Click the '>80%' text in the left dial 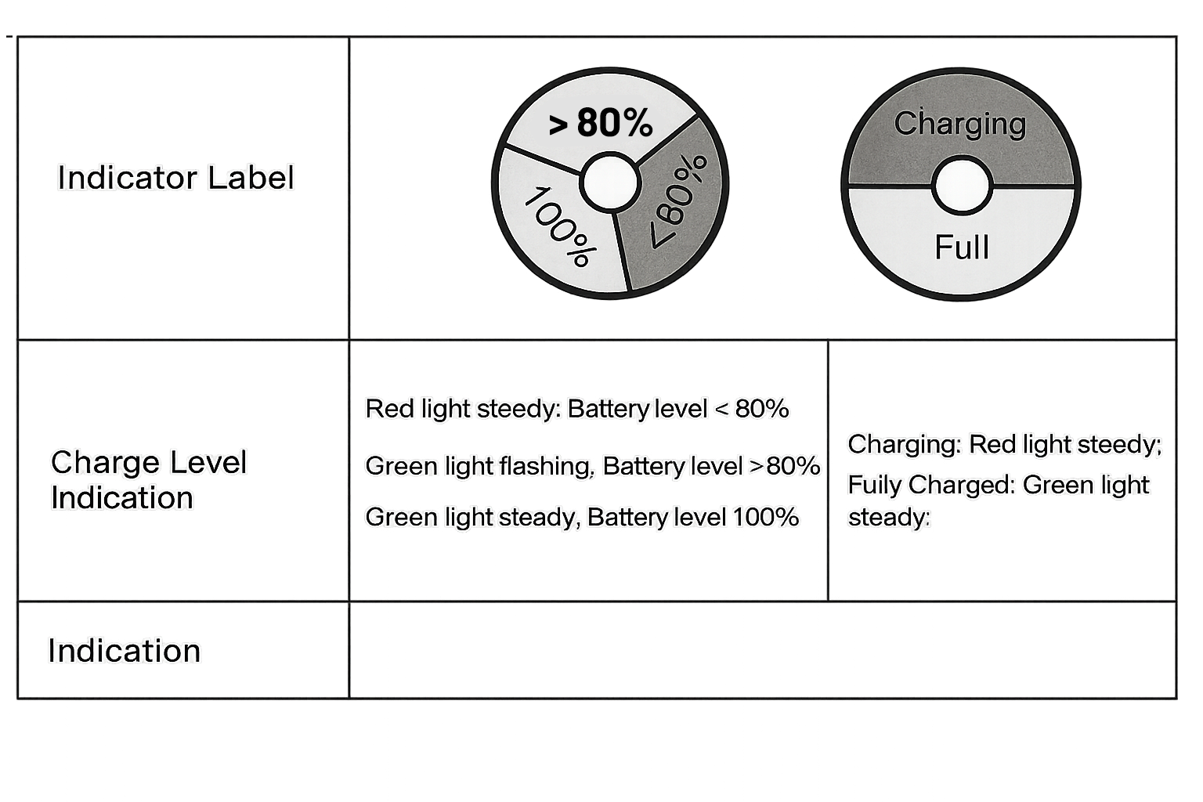pos(601,123)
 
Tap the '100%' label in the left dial pos(561,226)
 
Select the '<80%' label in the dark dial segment pos(678,201)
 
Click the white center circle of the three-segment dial pos(610,182)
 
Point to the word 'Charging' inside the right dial pos(959,124)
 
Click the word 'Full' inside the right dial pos(961,247)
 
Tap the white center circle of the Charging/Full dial pos(962,186)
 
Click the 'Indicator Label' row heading pos(175,178)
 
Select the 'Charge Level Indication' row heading pos(149,479)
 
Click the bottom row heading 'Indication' pos(124,651)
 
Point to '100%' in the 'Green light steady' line pos(765,517)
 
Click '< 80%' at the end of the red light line pos(752,409)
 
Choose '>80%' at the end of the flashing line pos(786,466)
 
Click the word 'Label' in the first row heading pos(251,178)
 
